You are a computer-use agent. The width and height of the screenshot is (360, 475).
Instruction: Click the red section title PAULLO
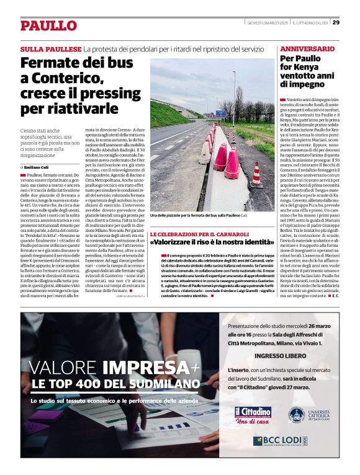(x=48, y=25)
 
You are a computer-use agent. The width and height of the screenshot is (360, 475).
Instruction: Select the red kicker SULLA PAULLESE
(x=51, y=48)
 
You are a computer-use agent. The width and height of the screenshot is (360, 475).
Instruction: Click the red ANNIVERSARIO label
(x=308, y=48)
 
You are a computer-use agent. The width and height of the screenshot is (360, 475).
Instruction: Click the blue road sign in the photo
(x=222, y=114)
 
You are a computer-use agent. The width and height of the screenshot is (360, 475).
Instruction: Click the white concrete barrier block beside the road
(x=205, y=153)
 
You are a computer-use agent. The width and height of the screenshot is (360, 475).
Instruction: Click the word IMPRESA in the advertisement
(x=158, y=367)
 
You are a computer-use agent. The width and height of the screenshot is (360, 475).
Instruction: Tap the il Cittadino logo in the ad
(x=253, y=412)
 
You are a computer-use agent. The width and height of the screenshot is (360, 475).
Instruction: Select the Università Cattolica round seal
(x=297, y=415)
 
